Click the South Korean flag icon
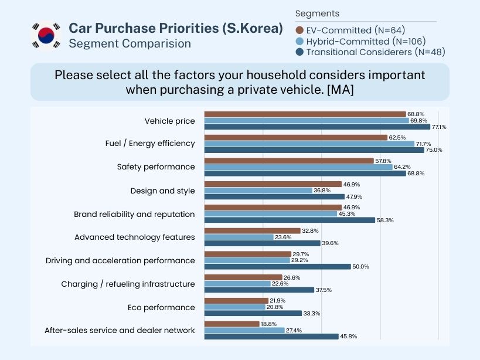tap(46, 36)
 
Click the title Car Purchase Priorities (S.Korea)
tap(176, 28)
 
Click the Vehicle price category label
tap(169, 121)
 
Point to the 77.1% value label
tap(438, 127)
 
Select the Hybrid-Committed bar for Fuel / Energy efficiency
tap(309, 144)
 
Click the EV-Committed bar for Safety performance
tap(288, 161)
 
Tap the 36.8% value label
tap(323, 191)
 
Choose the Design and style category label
tap(162, 191)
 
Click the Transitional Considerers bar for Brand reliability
tap(290, 220)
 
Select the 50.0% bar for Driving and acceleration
tap(277, 266)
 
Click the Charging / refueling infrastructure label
tap(128, 284)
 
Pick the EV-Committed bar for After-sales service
tap(232, 324)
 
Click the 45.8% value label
tap(349, 337)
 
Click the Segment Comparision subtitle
tap(130, 43)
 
